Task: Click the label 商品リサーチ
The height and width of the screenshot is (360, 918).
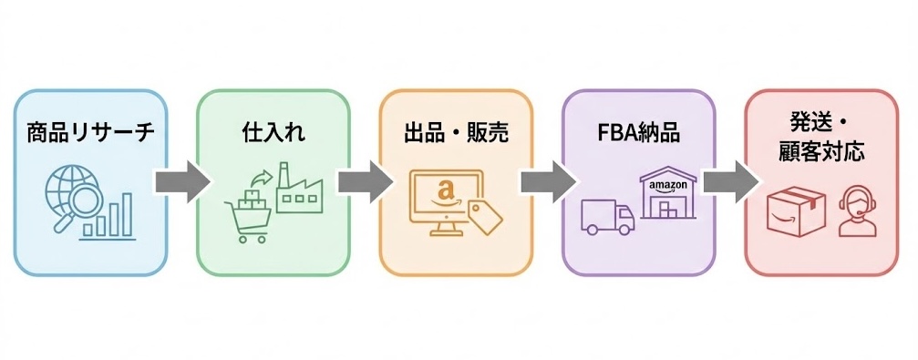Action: (91, 134)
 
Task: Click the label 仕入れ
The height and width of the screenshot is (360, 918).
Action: (273, 134)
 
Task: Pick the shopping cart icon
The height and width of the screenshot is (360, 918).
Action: (247, 213)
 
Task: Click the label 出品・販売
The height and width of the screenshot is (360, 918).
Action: (456, 134)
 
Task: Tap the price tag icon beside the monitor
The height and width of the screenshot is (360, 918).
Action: (486, 216)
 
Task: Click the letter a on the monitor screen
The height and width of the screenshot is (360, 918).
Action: (445, 191)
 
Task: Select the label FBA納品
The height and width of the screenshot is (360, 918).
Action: (638, 134)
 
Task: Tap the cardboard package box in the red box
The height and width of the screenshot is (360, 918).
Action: (791, 211)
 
